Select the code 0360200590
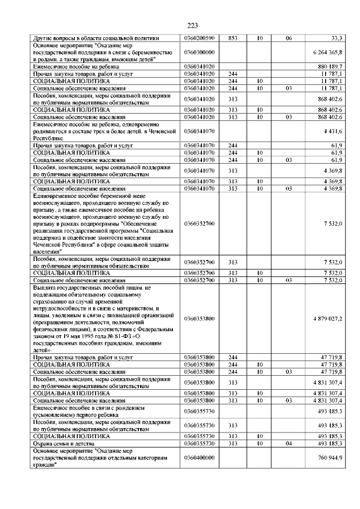coord(199,38)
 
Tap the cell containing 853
coord(232,38)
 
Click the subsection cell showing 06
coord(289,38)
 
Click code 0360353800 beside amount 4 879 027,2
coord(199,318)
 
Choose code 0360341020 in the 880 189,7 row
coord(199,66)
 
